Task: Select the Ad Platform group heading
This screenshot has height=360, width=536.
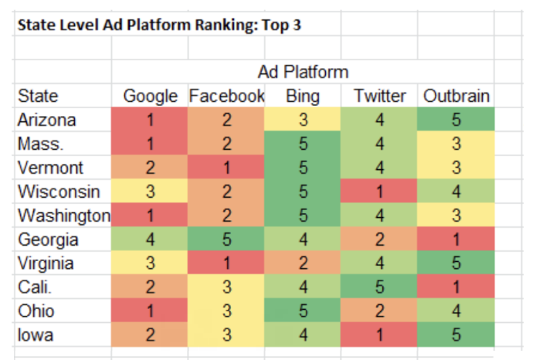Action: pyautogui.click(x=303, y=72)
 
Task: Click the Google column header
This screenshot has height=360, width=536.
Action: pyautogui.click(x=151, y=97)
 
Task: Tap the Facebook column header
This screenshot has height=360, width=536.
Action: pyautogui.click(x=226, y=97)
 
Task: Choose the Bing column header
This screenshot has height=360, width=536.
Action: pyautogui.click(x=302, y=97)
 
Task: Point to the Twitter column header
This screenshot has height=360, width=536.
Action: pyautogui.click(x=379, y=97)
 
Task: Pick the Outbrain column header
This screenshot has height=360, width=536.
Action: pyautogui.click(x=456, y=97)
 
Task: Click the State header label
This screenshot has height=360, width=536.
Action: pyautogui.click(x=38, y=97)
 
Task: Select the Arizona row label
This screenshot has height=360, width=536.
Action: pyautogui.click(x=47, y=121)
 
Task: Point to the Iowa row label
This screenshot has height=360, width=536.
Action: pyautogui.click(x=37, y=335)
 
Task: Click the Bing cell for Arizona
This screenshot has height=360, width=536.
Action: pyautogui.click(x=302, y=121)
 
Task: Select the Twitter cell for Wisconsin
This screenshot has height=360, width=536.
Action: pyautogui.click(x=379, y=192)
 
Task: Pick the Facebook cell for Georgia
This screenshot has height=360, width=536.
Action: pyautogui.click(x=226, y=239)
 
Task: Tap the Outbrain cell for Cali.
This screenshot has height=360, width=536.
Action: pyautogui.click(x=456, y=287)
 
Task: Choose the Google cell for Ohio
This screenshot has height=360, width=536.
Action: pyautogui.click(x=151, y=311)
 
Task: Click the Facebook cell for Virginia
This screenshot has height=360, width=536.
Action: pyautogui.click(x=226, y=263)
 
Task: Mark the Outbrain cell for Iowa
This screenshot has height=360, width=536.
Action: pyautogui.click(x=456, y=335)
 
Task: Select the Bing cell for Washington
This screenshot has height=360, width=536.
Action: pyautogui.click(x=302, y=216)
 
